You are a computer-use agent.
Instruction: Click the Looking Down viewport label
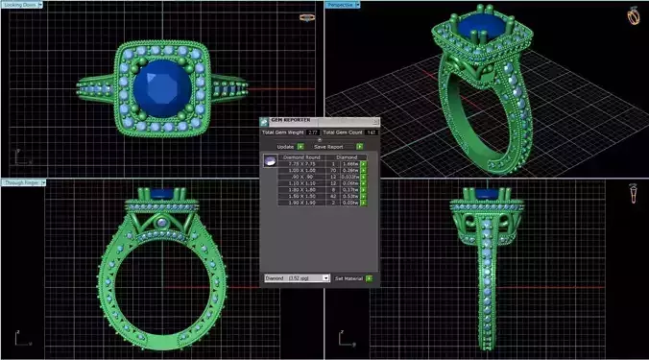tap(26, 5)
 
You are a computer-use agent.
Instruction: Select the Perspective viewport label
tap(342, 5)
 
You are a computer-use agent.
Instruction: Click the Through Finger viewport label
tap(27, 181)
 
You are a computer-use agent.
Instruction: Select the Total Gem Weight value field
tap(312, 132)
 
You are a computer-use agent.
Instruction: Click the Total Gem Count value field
tap(372, 132)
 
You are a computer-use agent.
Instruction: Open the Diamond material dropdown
tap(297, 277)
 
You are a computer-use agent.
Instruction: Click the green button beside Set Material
tap(369, 277)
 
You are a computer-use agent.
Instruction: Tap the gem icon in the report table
tap(270, 163)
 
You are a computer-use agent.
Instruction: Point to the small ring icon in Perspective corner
tap(634, 16)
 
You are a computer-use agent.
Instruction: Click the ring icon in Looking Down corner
tap(307, 16)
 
